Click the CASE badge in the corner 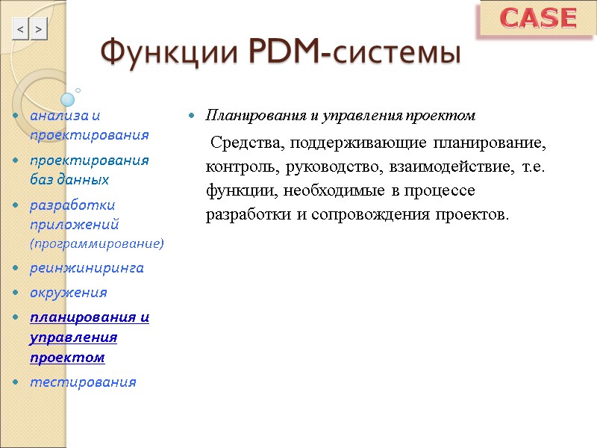[x=537, y=19]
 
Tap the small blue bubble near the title [x=67, y=99]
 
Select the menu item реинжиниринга [x=87, y=267]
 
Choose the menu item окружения [x=68, y=292]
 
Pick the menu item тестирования [x=83, y=382]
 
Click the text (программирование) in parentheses [x=97, y=243]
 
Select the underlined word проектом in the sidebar [x=67, y=358]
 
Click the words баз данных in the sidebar [x=69, y=180]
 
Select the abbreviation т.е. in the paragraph [x=534, y=167]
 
